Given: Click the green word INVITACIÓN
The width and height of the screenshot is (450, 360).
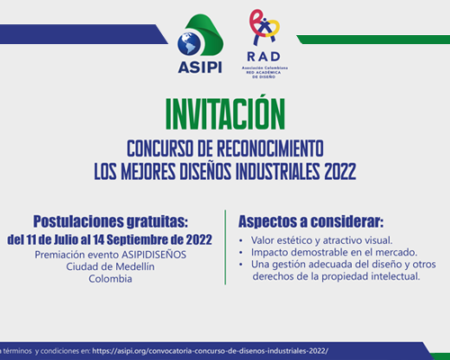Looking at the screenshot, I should click(x=225, y=113).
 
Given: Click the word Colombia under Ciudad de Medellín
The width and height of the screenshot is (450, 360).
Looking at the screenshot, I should click(x=111, y=279).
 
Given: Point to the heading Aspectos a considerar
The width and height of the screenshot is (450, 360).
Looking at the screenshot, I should click(x=310, y=221).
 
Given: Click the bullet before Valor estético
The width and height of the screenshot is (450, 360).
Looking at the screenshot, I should click(x=241, y=241).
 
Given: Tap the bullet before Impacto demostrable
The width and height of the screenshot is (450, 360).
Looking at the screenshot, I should click(x=241, y=253).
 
